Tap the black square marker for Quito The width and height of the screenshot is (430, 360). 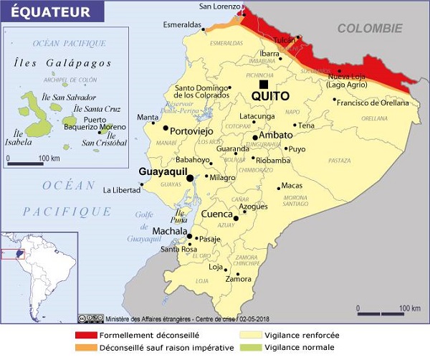(264, 84)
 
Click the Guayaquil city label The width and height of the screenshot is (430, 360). (161, 172)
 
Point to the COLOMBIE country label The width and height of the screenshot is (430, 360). (370, 29)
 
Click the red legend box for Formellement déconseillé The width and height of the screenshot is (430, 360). (90, 335)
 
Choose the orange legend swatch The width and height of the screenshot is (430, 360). (90, 349)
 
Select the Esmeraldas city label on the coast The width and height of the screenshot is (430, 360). (181, 24)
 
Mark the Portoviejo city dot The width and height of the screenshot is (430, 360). (166, 128)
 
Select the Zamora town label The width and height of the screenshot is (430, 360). (239, 279)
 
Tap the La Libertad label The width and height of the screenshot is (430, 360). (121, 190)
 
